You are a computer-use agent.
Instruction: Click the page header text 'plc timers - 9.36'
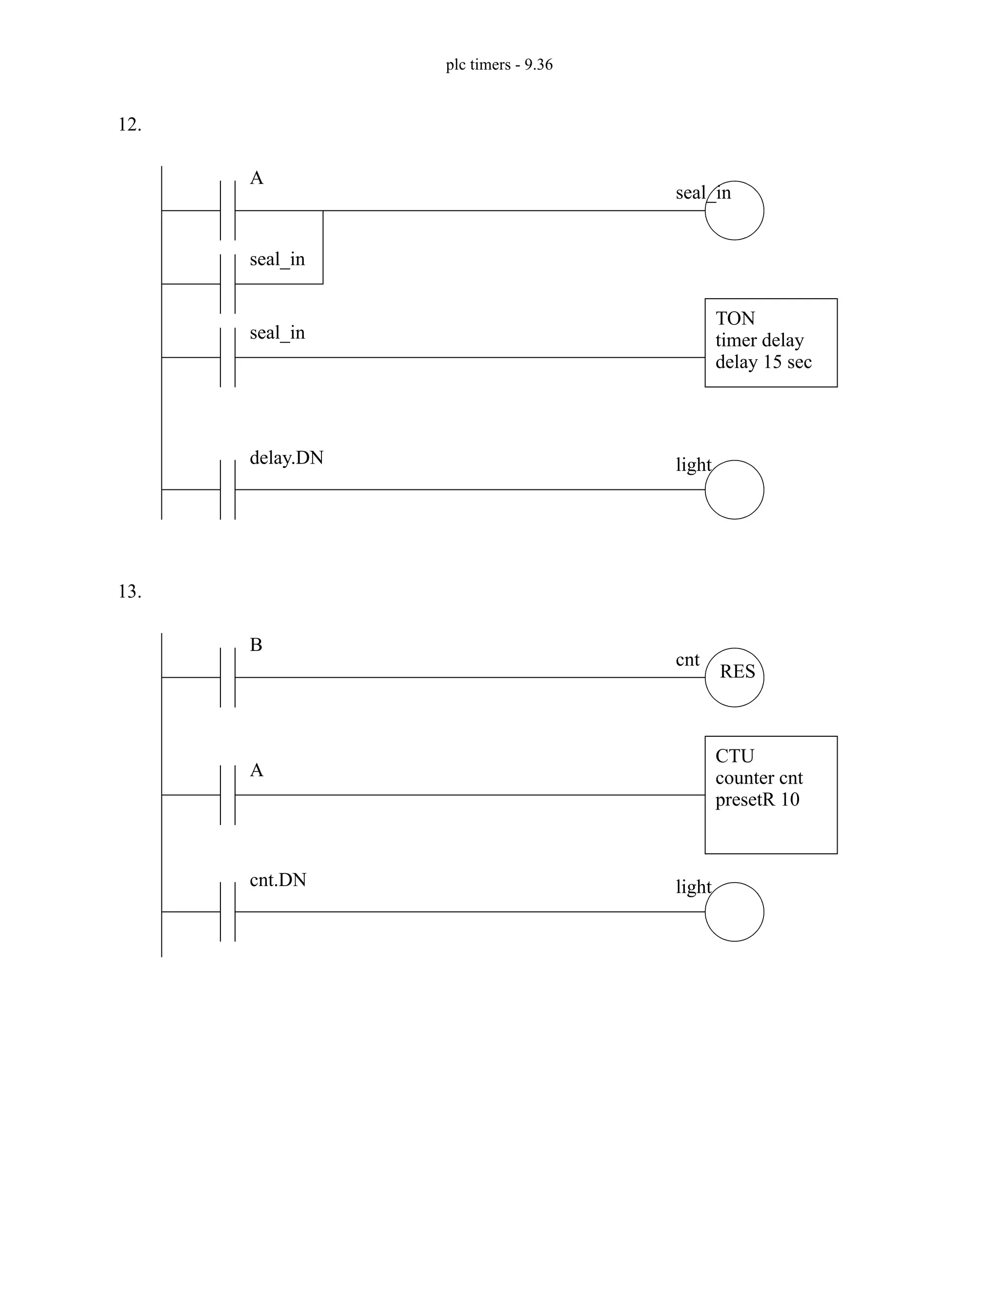coord(499,64)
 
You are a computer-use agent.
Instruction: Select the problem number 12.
coord(130,125)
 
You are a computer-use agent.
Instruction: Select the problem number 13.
coord(130,591)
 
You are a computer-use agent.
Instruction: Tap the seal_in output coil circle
coord(734,211)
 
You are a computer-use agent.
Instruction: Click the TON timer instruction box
coord(771,343)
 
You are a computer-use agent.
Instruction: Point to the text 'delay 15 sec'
coord(763,362)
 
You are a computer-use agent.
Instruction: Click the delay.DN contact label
coord(286,458)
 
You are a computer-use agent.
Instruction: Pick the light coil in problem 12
coord(734,489)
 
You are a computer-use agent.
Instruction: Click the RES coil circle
coord(734,677)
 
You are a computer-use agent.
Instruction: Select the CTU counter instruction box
coord(771,794)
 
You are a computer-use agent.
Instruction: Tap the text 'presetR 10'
coord(757,799)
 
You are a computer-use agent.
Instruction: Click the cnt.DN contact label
coord(278,880)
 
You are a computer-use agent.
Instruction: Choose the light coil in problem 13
coord(734,912)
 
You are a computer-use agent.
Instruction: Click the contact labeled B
coord(228,677)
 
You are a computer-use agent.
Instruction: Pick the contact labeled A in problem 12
coord(228,211)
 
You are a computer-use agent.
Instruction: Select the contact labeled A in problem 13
coord(228,794)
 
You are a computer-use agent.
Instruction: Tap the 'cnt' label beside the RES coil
coord(687,660)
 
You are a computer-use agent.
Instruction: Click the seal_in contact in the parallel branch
coord(228,283)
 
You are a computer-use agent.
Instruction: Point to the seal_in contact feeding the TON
coord(228,357)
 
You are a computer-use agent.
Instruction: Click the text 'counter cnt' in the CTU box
coord(759,777)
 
